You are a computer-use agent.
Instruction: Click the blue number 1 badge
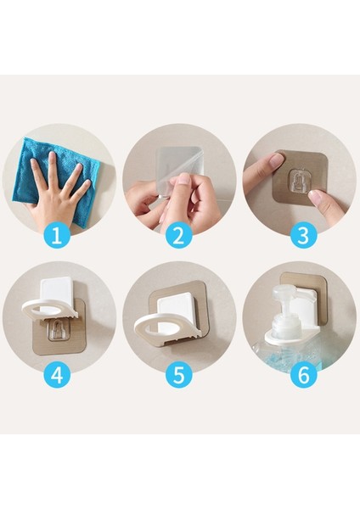(57, 235)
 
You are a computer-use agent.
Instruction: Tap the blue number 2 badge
(179, 235)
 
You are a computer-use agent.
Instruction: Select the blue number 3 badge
(303, 235)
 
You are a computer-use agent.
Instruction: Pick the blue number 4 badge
(57, 375)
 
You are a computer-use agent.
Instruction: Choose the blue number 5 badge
(179, 375)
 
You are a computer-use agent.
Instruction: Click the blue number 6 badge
(303, 375)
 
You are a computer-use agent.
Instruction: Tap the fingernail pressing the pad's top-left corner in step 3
(277, 159)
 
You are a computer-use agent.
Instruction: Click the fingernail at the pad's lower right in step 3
(313, 196)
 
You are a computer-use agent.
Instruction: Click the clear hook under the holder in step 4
(58, 331)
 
